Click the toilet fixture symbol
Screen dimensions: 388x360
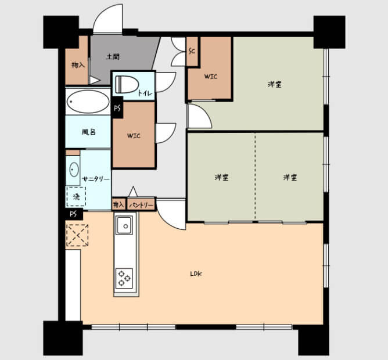coord(126,84)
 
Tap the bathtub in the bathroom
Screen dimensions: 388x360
coord(88,102)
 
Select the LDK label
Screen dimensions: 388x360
coord(196,273)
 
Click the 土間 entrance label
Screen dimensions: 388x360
coord(113,57)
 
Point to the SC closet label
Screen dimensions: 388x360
coord(192,51)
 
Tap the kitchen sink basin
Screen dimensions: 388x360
coord(124,225)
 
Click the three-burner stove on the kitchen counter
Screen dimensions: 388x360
coord(124,278)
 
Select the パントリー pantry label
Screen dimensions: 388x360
coord(141,205)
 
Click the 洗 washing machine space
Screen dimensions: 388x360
coord(76,197)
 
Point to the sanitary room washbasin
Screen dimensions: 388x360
coord(74,170)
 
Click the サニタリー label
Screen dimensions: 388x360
coord(96,179)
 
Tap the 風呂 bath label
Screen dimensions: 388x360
coord(89,132)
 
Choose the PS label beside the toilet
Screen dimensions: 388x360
coord(117,107)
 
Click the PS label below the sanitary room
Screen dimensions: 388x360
coord(73,214)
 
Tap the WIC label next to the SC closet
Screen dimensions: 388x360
coord(211,77)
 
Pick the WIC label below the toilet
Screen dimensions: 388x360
coord(134,136)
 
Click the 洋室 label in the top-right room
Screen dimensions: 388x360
coord(275,84)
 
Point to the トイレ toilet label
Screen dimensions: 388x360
coord(145,93)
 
